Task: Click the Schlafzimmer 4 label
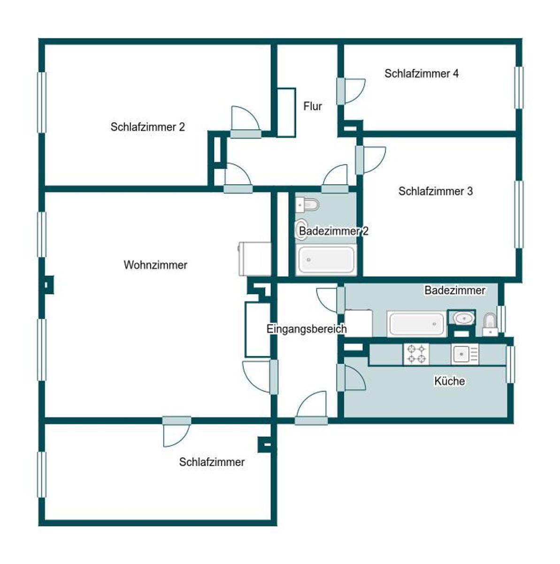(x=422, y=73)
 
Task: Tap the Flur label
(x=312, y=106)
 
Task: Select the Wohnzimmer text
(x=155, y=265)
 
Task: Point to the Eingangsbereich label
(x=307, y=329)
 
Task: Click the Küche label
(x=450, y=381)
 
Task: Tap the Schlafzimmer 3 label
(x=436, y=191)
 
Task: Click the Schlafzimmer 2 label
(x=148, y=127)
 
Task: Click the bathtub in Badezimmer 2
(x=326, y=259)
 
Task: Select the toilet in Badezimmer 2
(x=307, y=204)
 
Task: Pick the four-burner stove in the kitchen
(x=416, y=354)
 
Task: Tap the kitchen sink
(x=465, y=354)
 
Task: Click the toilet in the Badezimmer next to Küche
(x=490, y=325)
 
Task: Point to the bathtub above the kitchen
(x=416, y=324)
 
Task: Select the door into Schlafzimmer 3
(x=370, y=160)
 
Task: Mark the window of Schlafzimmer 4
(x=519, y=88)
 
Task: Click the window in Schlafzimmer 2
(x=42, y=102)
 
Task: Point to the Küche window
(x=510, y=364)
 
